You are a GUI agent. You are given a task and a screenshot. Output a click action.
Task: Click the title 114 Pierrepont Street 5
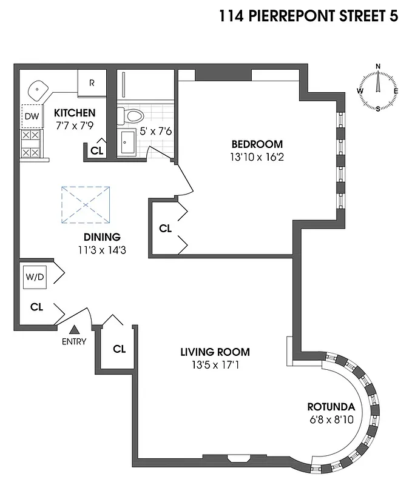(x=309, y=16)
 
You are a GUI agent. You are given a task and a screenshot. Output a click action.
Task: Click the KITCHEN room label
(x=75, y=113)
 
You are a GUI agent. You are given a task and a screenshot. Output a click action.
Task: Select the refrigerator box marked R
(x=92, y=82)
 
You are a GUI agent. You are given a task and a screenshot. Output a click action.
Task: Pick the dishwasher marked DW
(x=32, y=116)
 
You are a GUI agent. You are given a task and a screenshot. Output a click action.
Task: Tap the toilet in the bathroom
(x=130, y=115)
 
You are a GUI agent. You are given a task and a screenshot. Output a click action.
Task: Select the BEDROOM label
(x=257, y=144)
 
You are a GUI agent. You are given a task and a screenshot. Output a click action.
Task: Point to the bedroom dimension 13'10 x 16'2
(x=257, y=156)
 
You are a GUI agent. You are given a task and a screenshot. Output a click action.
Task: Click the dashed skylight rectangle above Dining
(x=86, y=205)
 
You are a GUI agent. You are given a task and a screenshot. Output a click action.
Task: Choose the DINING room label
(x=103, y=237)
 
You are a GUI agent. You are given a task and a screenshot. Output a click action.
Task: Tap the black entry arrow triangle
(x=74, y=330)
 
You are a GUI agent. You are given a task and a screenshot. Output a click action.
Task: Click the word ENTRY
(x=74, y=341)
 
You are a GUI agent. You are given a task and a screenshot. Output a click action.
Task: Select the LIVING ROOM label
(x=215, y=352)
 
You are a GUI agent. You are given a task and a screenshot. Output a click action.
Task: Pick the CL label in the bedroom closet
(x=165, y=229)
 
